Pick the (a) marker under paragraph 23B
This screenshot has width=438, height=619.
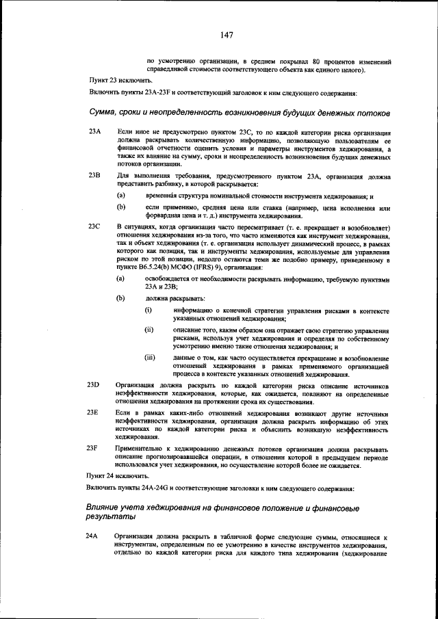(120, 196)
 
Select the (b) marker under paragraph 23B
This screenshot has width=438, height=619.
(120, 207)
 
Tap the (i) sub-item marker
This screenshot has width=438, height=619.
(148, 311)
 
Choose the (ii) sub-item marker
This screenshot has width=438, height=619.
(149, 330)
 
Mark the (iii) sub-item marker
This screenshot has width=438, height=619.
(150, 357)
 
